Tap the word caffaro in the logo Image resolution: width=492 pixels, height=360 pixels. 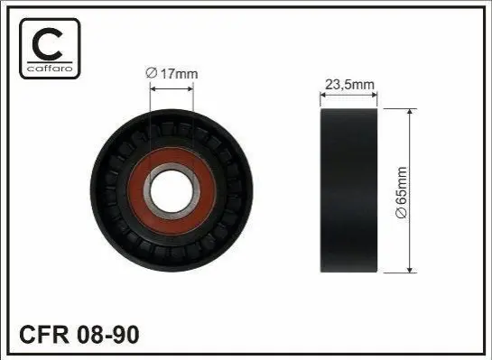coord(51,68)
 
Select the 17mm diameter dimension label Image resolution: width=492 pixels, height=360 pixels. coord(172,74)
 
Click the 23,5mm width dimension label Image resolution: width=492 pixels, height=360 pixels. coord(349,85)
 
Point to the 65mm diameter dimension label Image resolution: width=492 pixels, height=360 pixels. coord(402,192)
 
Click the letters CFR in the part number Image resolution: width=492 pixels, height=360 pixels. coord(44,335)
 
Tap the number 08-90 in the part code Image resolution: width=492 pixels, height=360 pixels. coord(107,335)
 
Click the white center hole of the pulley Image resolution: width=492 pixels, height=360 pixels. coord(172,191)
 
